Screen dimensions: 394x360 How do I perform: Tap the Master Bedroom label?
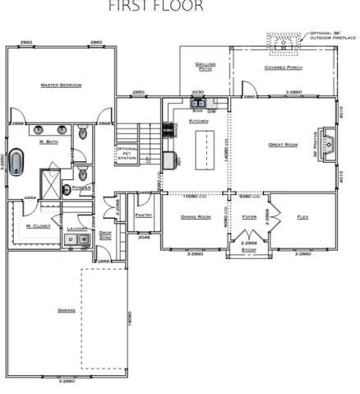[59, 85]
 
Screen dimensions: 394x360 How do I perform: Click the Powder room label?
[81, 188]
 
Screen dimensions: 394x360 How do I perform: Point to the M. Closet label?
[35, 225]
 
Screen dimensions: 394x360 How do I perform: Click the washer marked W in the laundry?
[84, 239]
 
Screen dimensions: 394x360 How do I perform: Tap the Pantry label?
[144, 216]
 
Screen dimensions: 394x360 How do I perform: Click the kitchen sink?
[196, 104]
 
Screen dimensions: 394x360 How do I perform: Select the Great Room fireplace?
[326, 149]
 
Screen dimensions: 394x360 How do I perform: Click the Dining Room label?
[196, 216]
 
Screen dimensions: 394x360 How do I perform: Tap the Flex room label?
[302, 216]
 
